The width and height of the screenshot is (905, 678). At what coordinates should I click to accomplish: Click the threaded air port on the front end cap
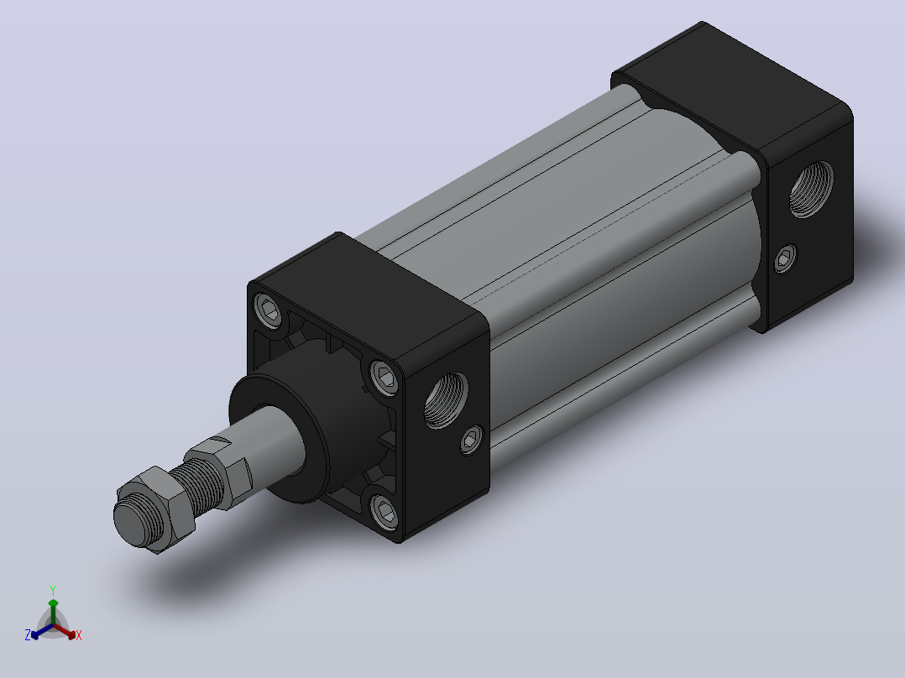(446, 400)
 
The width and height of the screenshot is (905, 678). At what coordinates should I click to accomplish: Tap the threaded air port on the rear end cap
(811, 189)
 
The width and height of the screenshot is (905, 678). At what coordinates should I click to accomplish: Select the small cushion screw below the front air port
(472, 441)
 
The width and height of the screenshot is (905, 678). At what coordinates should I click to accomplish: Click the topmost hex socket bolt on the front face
(269, 310)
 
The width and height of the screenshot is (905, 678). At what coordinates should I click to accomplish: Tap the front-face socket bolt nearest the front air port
(384, 378)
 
